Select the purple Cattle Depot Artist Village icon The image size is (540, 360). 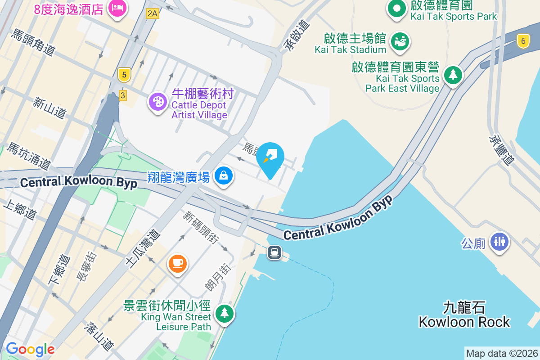click(x=157, y=102)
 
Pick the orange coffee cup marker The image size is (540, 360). click(x=177, y=263)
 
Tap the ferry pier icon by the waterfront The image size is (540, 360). click(x=274, y=252)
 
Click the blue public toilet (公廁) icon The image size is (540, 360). click(x=499, y=241)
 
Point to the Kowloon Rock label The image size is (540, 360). click(x=464, y=315)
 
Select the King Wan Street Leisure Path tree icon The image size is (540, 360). click(x=224, y=313)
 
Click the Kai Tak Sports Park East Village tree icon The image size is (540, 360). click(x=453, y=74)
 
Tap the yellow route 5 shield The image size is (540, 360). click(x=124, y=74)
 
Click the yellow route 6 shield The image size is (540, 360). click(x=522, y=41)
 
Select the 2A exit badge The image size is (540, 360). click(x=153, y=13)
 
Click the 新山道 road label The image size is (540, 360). click(x=49, y=108)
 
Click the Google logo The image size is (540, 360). click(x=30, y=349)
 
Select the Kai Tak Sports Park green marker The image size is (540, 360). click(x=396, y=9)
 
